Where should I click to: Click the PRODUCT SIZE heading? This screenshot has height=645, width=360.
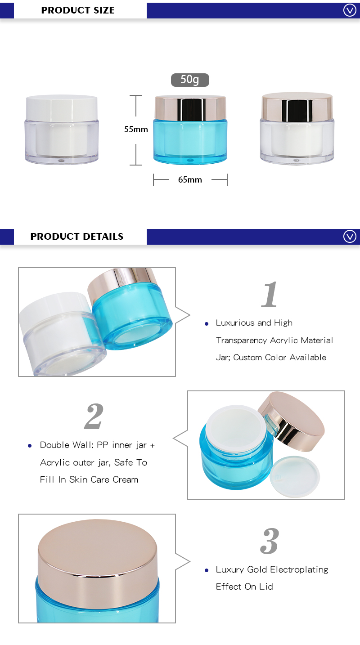coord(77,10)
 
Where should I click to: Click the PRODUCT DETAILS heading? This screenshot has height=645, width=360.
coord(76,237)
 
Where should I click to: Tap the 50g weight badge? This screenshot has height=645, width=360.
coord(190,80)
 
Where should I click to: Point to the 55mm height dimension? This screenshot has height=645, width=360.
coord(136,130)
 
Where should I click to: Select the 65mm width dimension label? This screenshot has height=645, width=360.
coord(190,180)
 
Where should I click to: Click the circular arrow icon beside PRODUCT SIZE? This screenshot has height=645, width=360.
coord(350,10)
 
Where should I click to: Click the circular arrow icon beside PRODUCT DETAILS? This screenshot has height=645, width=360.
coord(350,237)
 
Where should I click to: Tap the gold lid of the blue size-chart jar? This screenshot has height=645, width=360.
coord(190,107)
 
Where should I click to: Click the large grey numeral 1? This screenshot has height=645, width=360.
coord(270,295)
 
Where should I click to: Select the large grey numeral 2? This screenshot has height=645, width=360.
coord(94,417)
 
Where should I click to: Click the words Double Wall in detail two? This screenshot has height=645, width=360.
coord(64,445)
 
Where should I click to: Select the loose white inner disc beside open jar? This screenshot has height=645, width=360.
coord(296,475)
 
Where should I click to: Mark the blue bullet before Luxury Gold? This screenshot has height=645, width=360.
coord(207,570)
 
